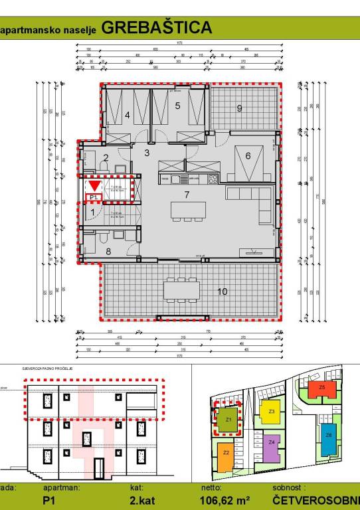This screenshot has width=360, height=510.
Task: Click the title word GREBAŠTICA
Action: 157,28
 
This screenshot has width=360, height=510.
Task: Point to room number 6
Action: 248,155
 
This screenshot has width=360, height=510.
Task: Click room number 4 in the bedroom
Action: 127,114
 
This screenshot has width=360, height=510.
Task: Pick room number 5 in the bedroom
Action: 177,105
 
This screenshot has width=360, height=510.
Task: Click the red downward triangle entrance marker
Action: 94,185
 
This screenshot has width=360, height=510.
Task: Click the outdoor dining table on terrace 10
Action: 182,290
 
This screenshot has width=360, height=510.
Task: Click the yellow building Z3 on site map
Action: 272,414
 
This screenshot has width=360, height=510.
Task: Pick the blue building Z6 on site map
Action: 329,438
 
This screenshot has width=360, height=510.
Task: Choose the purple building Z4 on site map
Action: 272,444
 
